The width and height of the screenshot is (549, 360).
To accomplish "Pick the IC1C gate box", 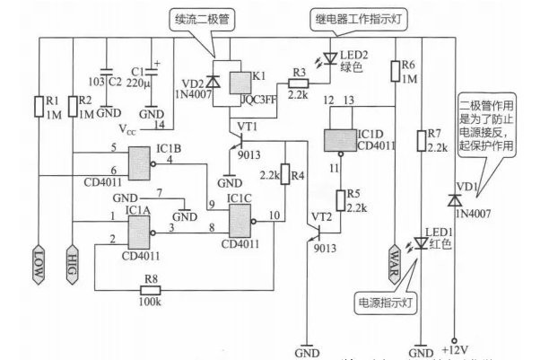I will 244,218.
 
